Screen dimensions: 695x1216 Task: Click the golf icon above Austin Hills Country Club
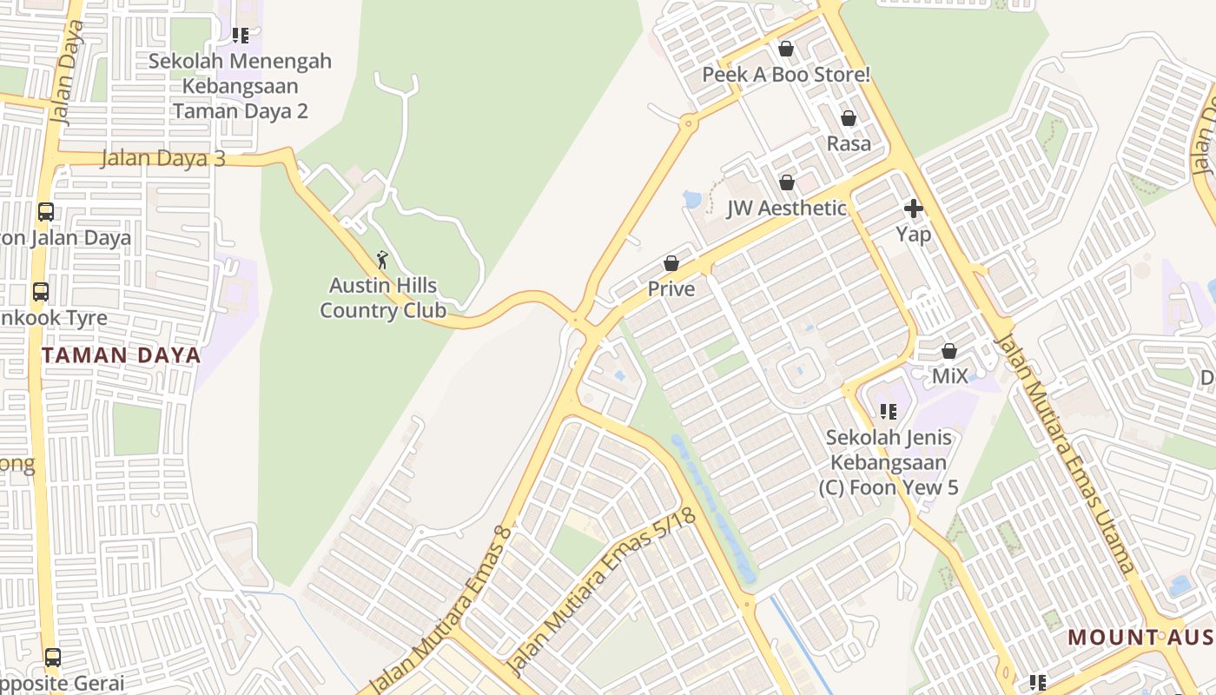pyautogui.click(x=382, y=259)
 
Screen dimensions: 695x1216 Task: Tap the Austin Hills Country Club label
pyautogui.click(x=383, y=298)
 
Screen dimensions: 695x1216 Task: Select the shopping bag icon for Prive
pyautogui.click(x=671, y=263)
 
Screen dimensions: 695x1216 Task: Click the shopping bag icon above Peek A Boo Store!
pyautogui.click(x=786, y=49)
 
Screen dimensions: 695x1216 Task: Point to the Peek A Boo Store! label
pyautogui.click(x=786, y=75)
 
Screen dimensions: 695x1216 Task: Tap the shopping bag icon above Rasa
pyautogui.click(x=849, y=118)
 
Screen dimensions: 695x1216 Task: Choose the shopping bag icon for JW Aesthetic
pyautogui.click(x=787, y=182)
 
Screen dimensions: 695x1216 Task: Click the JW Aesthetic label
pyautogui.click(x=787, y=208)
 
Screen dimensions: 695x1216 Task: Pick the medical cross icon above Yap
pyautogui.click(x=914, y=208)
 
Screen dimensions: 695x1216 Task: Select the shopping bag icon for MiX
pyautogui.click(x=949, y=351)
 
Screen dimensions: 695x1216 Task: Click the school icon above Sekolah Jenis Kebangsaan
pyautogui.click(x=889, y=412)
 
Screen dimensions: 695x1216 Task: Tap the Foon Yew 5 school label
pyautogui.click(x=889, y=462)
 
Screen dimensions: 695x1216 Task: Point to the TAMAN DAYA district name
pyautogui.click(x=122, y=355)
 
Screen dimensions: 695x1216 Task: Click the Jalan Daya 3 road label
pyautogui.click(x=163, y=159)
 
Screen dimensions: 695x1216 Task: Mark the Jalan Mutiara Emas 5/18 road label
pyautogui.click(x=601, y=592)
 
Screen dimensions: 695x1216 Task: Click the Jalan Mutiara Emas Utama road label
pyautogui.click(x=1065, y=452)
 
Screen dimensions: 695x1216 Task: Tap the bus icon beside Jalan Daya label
pyautogui.click(x=45, y=212)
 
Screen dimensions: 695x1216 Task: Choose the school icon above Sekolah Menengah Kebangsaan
pyautogui.click(x=241, y=36)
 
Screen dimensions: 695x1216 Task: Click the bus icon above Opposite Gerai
pyautogui.click(x=53, y=658)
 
